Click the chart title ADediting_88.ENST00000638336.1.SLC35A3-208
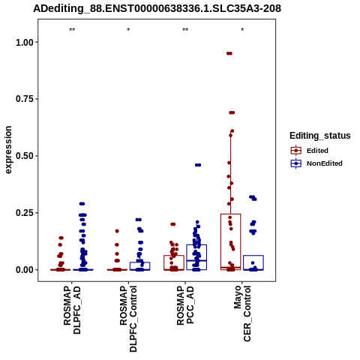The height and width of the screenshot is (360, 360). coord(157,8)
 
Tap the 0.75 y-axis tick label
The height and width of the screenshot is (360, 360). coord(25,99)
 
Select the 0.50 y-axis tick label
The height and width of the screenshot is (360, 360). coord(25,156)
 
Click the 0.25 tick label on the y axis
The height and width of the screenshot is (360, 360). coord(25,213)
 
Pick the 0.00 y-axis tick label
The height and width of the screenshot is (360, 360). coord(25,270)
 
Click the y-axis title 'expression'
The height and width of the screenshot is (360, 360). coord(8,150)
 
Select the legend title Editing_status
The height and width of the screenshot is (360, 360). coord(320,136)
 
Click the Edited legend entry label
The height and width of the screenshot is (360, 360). coord(317,151)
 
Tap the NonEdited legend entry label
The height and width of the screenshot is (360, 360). coord(325,163)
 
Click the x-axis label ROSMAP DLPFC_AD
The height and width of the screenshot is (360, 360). coord(72,310)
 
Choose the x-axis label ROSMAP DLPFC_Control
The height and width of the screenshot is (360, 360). coord(128,319)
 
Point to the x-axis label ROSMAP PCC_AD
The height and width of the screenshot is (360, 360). coord(185,305)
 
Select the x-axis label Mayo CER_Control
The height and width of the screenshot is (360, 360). coord(242,313)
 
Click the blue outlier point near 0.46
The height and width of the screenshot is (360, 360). coord(198,165)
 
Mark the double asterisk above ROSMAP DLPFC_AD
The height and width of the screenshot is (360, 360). coord(72,30)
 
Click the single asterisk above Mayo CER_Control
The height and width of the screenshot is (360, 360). coord(242,30)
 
